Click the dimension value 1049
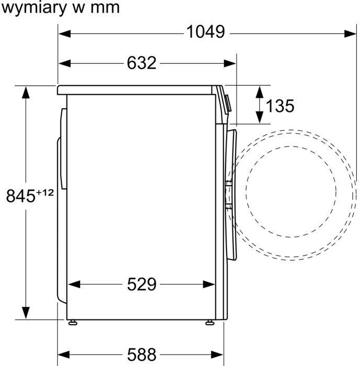(206, 32)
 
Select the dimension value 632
(141, 63)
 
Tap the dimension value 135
(280, 106)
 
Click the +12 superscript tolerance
(45, 192)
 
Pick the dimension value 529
(141, 284)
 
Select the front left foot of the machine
(210, 321)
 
